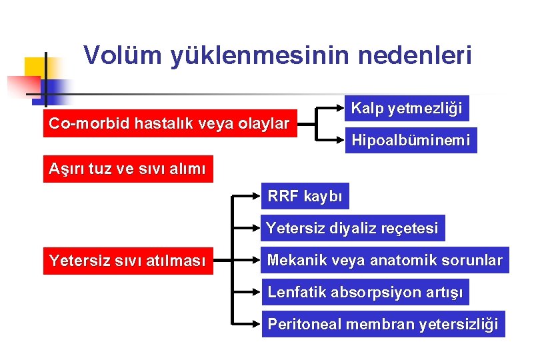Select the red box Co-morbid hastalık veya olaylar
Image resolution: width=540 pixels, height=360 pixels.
170,123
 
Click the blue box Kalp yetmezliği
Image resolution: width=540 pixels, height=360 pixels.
407,107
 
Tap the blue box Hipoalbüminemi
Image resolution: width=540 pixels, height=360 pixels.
411,140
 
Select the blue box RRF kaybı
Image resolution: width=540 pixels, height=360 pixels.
305,197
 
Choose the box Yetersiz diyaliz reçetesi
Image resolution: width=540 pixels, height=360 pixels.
353,229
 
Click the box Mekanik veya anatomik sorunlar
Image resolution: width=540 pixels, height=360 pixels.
385,260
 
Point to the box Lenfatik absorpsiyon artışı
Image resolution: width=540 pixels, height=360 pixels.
365,291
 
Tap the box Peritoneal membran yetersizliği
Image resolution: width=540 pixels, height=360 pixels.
383,324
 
